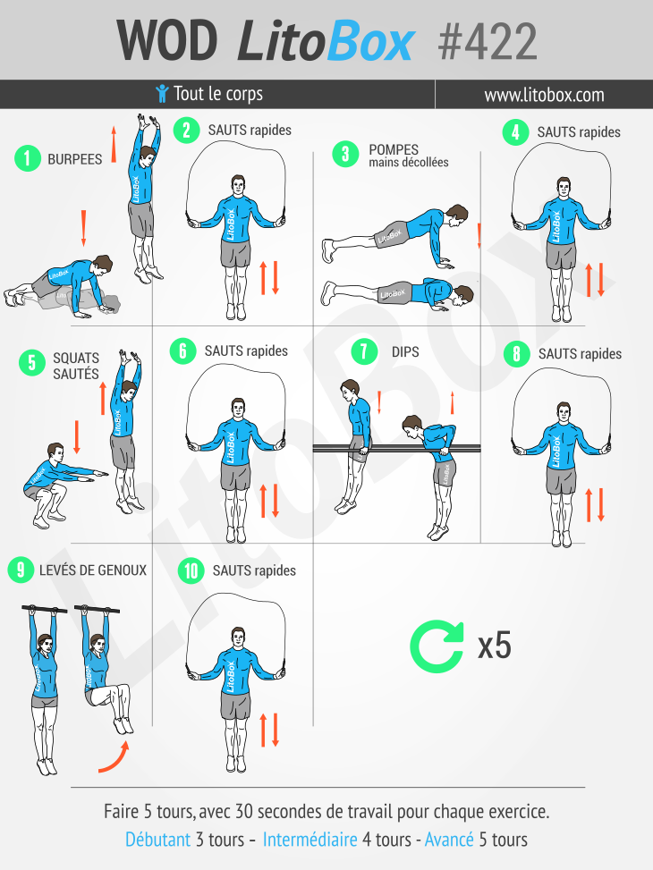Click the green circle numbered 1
[29, 159]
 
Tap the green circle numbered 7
[363, 351]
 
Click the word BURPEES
[75, 159]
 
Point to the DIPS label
[405, 351]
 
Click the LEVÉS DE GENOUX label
[93, 570]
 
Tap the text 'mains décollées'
[408, 163]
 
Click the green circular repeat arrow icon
[437, 646]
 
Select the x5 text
[494, 646]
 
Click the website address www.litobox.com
[544, 95]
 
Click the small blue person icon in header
[162, 94]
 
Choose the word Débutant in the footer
[157, 840]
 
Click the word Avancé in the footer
[449, 840]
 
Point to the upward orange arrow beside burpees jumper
[114, 141]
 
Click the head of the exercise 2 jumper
[238, 186]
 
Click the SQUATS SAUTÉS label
[76, 367]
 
